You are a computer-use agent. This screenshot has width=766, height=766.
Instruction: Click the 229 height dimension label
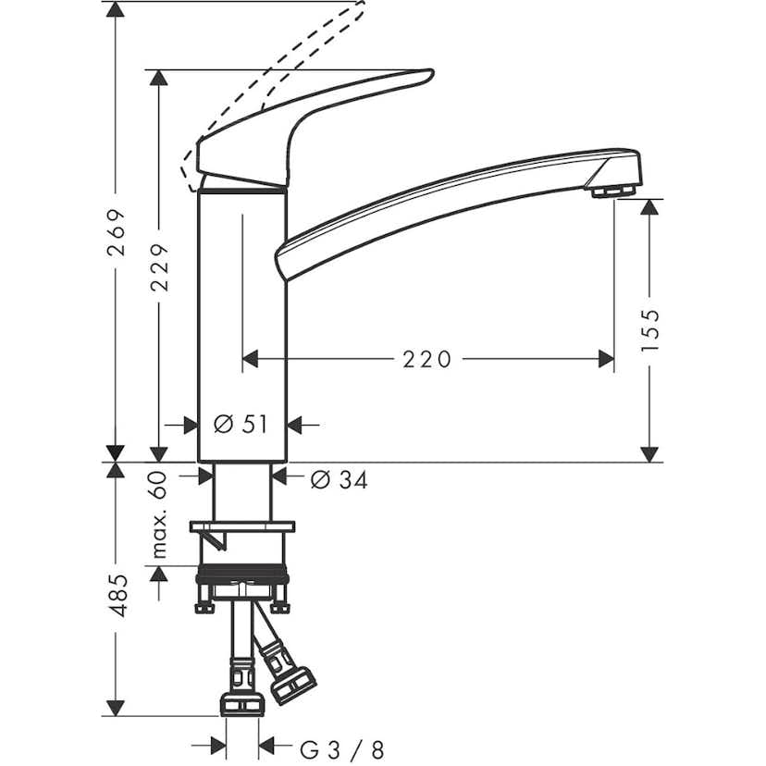pos(160,267)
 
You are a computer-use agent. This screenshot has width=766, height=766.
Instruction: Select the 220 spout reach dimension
pos(426,358)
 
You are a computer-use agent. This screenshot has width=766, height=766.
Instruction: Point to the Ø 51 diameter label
pos(241,424)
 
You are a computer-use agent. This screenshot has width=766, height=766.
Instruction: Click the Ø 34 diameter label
pos(339,479)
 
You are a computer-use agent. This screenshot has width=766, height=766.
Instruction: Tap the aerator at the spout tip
pos(611,191)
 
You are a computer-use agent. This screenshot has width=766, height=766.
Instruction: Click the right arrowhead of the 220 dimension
pos(607,358)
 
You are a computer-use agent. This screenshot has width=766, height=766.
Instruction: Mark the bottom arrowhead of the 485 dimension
pos(116,709)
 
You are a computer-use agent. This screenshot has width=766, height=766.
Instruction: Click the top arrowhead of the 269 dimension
pos(116,9)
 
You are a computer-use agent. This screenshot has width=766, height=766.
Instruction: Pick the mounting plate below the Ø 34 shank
pos(242,526)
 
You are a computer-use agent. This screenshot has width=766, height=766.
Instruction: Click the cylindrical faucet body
pos(242,324)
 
